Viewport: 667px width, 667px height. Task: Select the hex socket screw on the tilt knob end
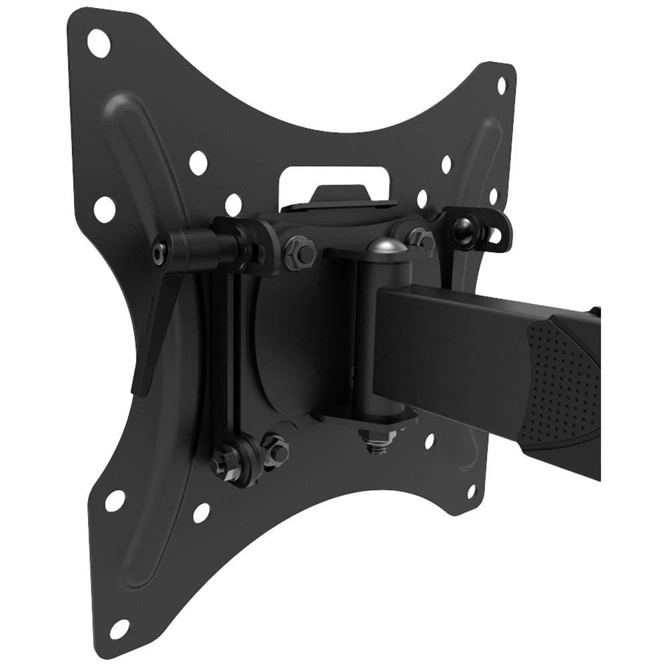coord(157,252)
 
